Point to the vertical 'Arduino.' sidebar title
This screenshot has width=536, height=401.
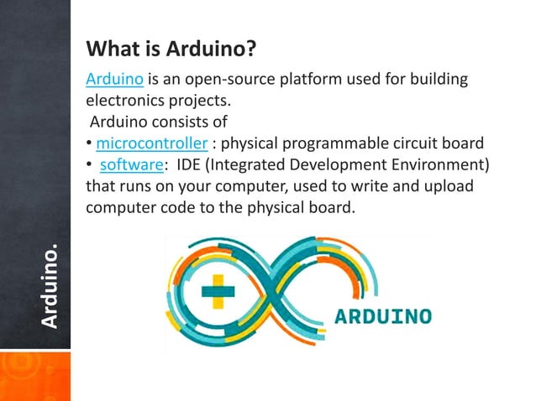pyautogui.click(x=50, y=286)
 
